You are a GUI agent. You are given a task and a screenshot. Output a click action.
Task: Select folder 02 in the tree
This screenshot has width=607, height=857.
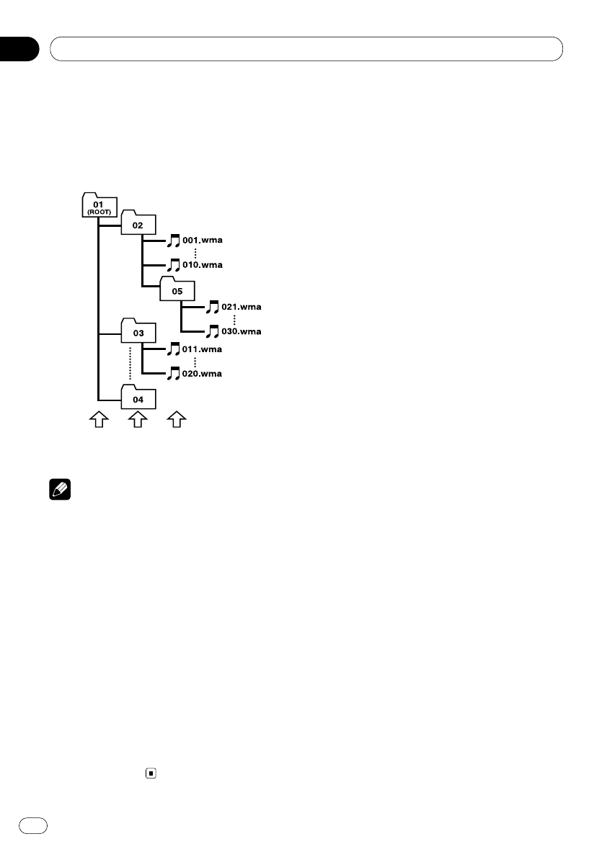[x=137, y=224]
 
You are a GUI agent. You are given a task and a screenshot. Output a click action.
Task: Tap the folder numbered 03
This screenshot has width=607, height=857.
[x=138, y=332]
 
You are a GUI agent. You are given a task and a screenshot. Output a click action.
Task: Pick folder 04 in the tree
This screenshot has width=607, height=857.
[x=138, y=398]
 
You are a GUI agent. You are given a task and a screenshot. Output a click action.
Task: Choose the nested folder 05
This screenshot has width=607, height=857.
[x=177, y=291]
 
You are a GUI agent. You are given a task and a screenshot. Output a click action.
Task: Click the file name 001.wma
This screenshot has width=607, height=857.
[x=203, y=241]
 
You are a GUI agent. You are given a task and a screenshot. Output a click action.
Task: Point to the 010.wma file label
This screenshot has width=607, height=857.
[x=203, y=265]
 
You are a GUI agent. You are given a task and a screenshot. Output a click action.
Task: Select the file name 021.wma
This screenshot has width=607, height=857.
[x=242, y=308]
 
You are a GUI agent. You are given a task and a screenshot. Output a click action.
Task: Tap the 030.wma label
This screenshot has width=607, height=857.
[x=242, y=332]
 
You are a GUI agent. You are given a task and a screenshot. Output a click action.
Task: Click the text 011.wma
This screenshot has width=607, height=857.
[x=203, y=349]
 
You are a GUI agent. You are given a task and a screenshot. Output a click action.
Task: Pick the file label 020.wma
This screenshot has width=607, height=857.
[x=203, y=374]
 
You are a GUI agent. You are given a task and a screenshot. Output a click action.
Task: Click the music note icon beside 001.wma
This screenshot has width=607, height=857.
[x=174, y=241]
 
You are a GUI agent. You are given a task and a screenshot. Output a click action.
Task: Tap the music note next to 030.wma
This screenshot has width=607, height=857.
[x=213, y=332]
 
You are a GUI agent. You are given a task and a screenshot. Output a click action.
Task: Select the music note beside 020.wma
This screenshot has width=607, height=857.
[x=174, y=374]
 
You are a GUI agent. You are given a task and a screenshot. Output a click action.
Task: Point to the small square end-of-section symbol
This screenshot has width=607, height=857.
[x=151, y=773]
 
